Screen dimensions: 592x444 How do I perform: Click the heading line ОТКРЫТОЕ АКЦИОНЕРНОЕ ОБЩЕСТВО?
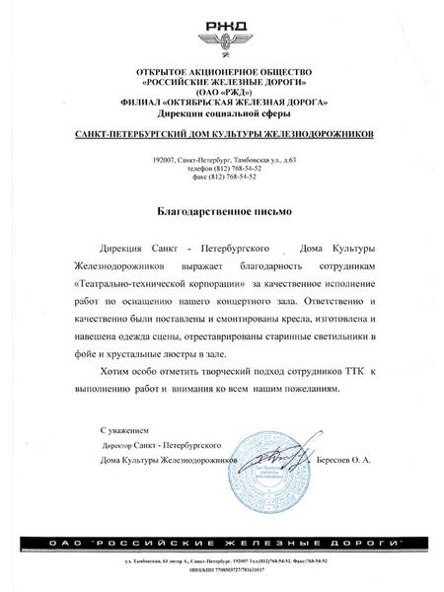(x=223, y=74)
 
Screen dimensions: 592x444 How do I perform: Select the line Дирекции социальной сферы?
(x=223, y=113)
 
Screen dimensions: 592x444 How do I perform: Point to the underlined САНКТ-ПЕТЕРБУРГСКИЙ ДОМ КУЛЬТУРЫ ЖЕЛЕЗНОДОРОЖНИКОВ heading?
(x=223, y=134)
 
